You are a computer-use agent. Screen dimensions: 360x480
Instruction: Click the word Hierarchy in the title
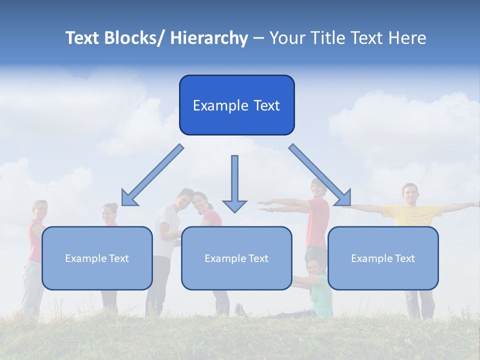pos(209,38)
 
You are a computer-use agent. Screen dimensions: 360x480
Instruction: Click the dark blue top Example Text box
pos(236,105)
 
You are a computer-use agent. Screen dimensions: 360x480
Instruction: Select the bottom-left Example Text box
pos(97,258)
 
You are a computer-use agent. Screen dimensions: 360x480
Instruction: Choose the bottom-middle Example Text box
pos(236,258)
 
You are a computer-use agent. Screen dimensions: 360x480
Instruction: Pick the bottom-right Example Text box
pos(383,258)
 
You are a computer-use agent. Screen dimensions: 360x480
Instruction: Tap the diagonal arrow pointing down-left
pos(153,175)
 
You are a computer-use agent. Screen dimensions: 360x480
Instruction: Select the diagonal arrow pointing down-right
pos(320,175)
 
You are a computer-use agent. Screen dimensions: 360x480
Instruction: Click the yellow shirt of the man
pos(412,215)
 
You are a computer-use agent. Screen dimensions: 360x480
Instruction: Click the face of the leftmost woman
pos(39,209)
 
